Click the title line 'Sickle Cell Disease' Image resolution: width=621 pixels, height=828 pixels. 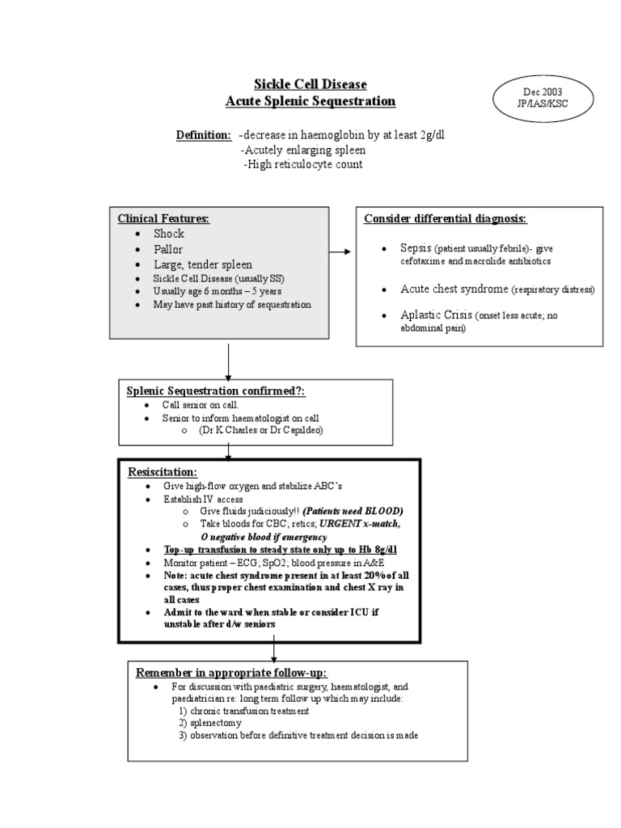click(310, 84)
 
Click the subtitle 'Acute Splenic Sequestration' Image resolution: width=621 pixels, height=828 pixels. click(310, 101)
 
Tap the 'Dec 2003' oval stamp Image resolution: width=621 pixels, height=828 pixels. click(543, 98)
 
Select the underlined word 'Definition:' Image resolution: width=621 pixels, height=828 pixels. click(204, 135)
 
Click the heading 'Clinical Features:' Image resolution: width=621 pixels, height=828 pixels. click(163, 219)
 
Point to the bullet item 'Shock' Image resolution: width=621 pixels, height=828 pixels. click(169, 234)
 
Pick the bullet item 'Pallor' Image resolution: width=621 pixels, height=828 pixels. click(169, 249)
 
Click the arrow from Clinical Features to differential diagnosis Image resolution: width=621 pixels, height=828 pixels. click(340, 251)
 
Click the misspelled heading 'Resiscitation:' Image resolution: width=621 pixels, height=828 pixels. click(163, 471)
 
